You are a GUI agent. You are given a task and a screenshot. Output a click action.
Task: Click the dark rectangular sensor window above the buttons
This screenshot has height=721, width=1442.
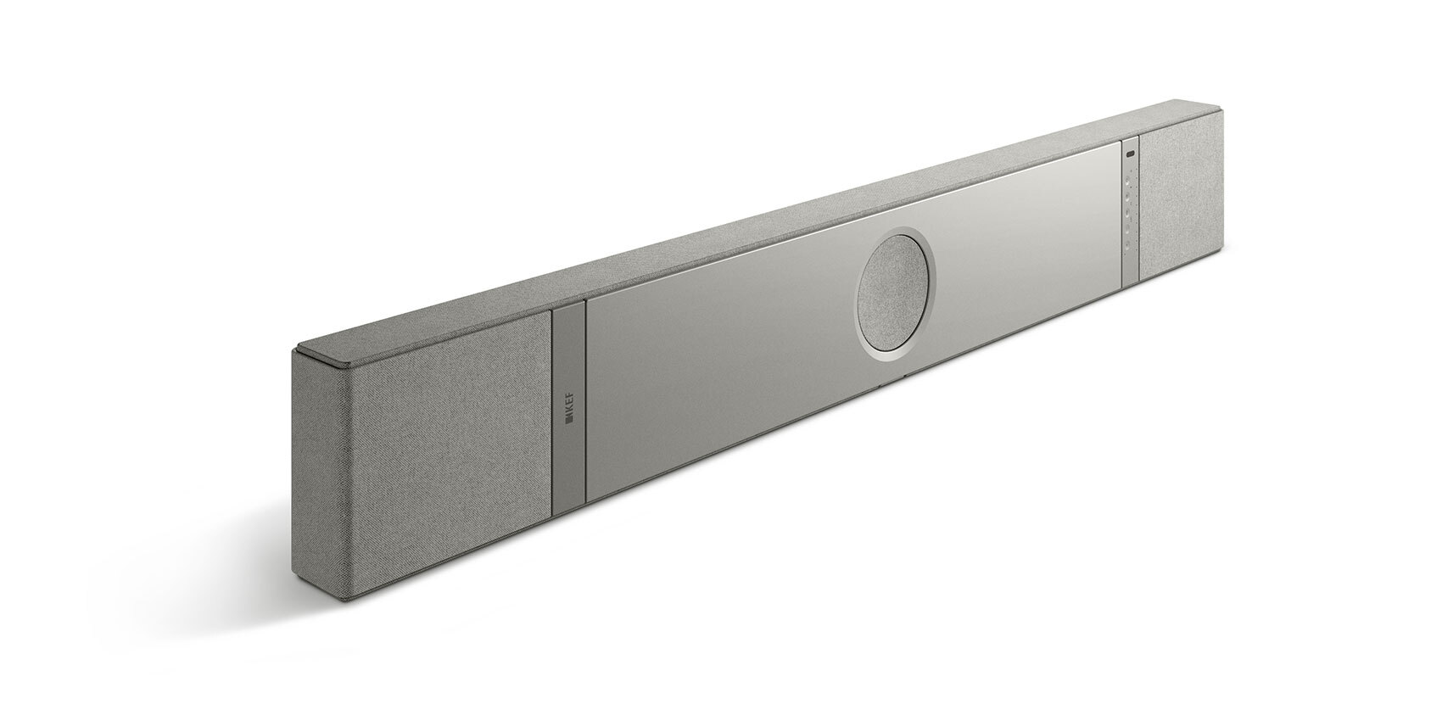coord(1130,154)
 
